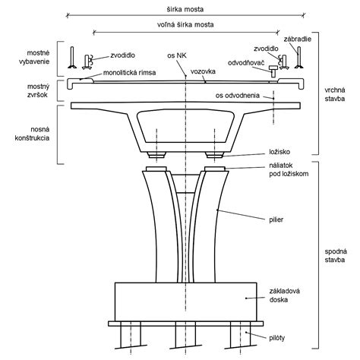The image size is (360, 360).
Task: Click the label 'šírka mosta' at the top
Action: pyautogui.click(x=185, y=9)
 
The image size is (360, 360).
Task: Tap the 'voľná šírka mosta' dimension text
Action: pyautogui.click(x=185, y=24)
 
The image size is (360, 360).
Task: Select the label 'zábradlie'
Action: pyautogui.click(x=298, y=39)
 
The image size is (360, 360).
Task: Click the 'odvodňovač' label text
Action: pyautogui.click(x=246, y=63)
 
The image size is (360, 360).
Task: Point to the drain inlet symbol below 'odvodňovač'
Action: pyautogui.click(x=273, y=71)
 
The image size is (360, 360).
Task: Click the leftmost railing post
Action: pyautogui.click(x=72, y=58)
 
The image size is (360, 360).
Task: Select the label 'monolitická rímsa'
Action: pyautogui.click(x=129, y=73)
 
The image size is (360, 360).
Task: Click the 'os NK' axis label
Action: pyautogui.click(x=177, y=55)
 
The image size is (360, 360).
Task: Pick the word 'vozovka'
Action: pyautogui.click(x=203, y=71)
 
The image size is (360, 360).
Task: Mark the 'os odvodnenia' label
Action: pyautogui.click(x=238, y=96)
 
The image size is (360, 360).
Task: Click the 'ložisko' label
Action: pyautogui.click(x=279, y=152)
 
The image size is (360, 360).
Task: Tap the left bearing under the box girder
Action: pyautogui.click(x=157, y=154)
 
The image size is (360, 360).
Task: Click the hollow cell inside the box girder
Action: pyautogui.click(x=185, y=126)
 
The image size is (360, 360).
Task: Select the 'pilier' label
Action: pyautogui.click(x=276, y=219)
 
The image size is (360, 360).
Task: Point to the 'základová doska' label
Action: pyautogui.click(x=284, y=295)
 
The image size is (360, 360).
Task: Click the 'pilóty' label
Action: pyautogui.click(x=277, y=338)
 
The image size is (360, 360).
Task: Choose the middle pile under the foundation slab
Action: pyautogui.click(x=186, y=336)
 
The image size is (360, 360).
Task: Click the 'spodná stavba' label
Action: pyautogui.click(x=336, y=255)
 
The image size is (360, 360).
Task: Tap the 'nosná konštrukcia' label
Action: pyautogui.click(x=32, y=134)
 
